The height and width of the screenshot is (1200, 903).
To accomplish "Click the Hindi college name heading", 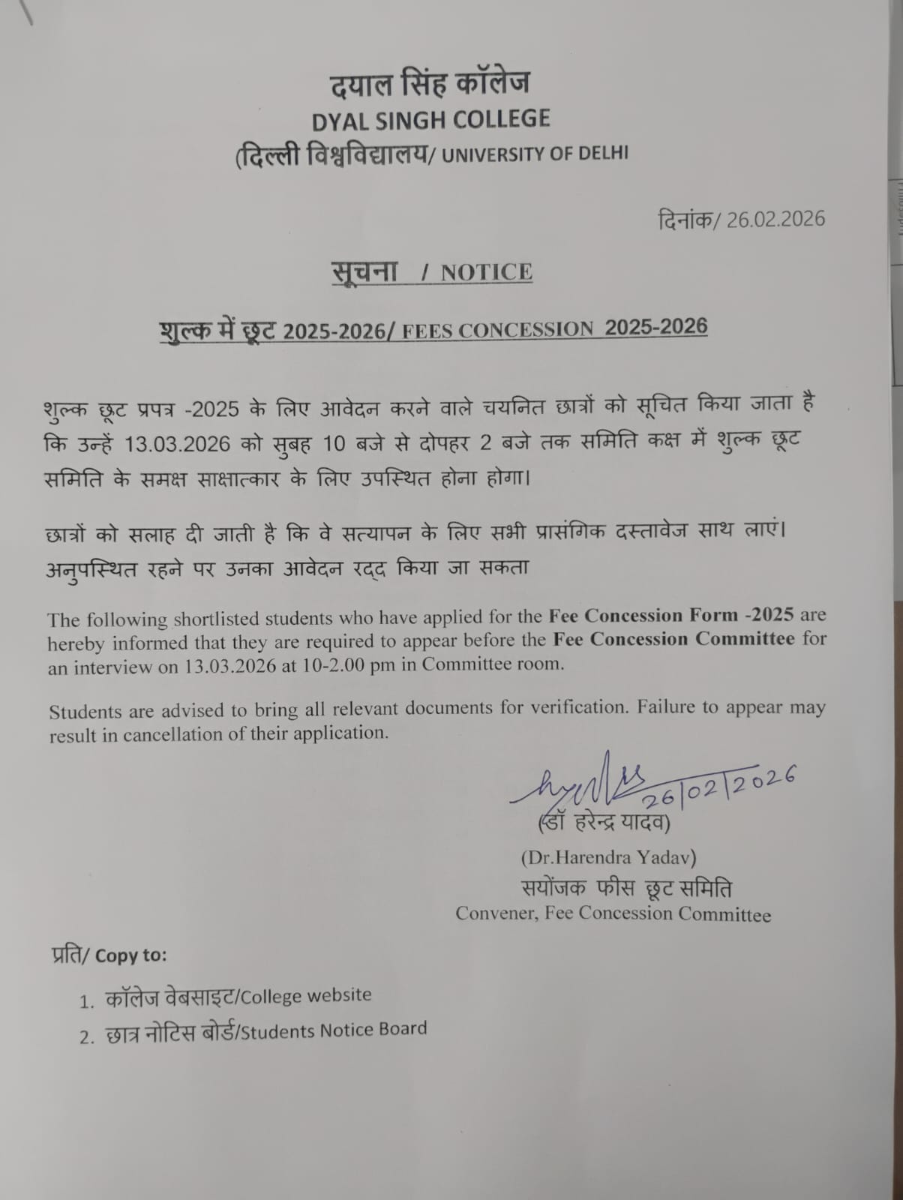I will (x=429, y=82).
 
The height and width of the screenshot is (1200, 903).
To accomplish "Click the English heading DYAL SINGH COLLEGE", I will (x=430, y=119).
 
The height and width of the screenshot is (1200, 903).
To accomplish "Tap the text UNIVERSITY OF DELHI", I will (x=535, y=154).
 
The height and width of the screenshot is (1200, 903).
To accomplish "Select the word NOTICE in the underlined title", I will (x=486, y=272).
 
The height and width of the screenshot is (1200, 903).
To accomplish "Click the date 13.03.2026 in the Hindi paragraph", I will (x=177, y=443).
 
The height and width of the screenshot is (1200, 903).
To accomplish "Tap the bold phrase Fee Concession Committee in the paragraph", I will (x=673, y=640).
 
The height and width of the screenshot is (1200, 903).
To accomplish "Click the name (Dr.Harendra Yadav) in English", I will (x=608, y=856).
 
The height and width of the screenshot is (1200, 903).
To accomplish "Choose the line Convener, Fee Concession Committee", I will (x=613, y=913).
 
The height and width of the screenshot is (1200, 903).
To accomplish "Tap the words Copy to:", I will (x=131, y=955).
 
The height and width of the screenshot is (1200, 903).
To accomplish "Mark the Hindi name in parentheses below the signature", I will (x=604, y=823).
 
